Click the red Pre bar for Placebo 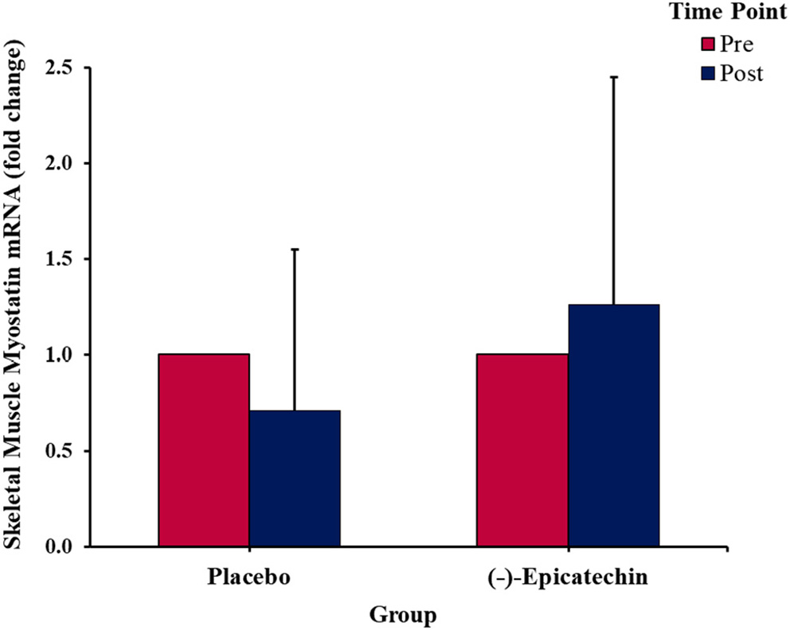click(204, 450)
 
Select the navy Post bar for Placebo click(295, 479)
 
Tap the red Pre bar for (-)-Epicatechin click(522, 450)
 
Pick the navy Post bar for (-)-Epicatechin click(613, 426)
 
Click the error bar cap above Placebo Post click(295, 250)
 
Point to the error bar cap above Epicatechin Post click(613, 77)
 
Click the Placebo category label click(248, 577)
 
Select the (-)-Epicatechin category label click(567, 577)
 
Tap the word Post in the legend click(741, 73)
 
